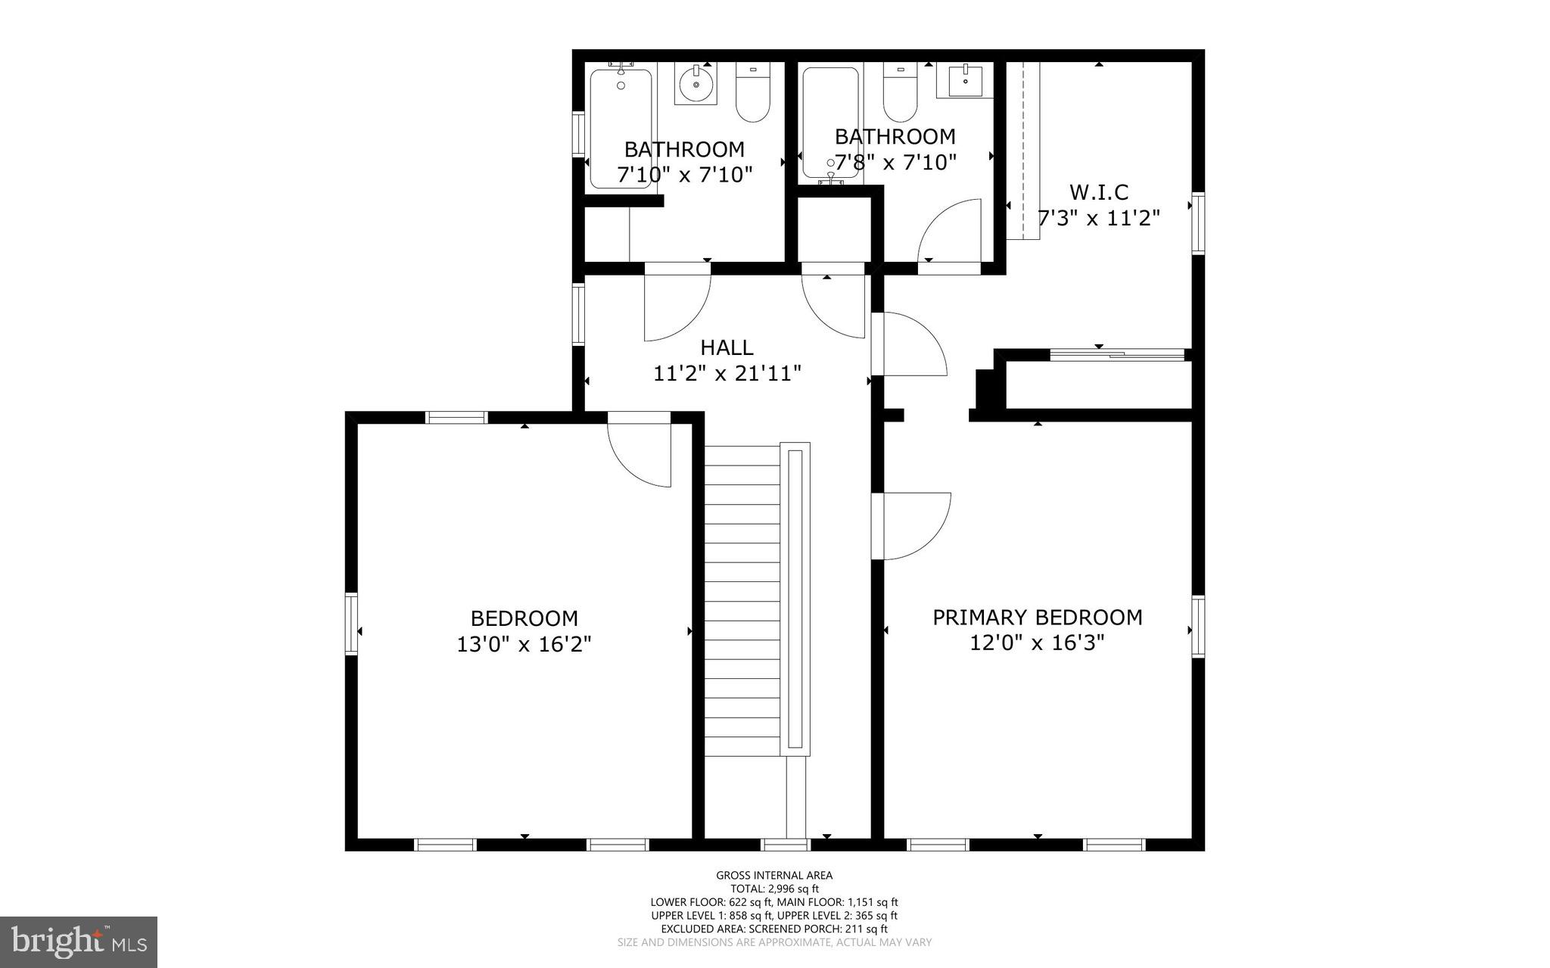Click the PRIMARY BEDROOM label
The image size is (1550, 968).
(1037, 618)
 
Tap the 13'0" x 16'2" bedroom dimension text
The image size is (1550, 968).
(524, 645)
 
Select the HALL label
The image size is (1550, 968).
(727, 347)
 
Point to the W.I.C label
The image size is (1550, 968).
(1098, 191)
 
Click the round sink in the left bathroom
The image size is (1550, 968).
(695, 84)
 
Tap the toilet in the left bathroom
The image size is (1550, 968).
(752, 95)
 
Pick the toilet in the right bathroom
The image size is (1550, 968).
(900, 95)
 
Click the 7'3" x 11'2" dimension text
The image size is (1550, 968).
(1098, 219)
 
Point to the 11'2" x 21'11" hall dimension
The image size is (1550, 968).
(727, 374)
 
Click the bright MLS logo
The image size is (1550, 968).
(79, 942)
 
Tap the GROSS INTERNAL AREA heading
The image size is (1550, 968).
(774, 876)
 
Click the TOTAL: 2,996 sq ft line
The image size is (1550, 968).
(774, 889)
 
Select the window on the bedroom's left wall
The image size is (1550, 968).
(351, 623)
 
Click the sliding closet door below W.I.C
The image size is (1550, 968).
(1117, 354)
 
